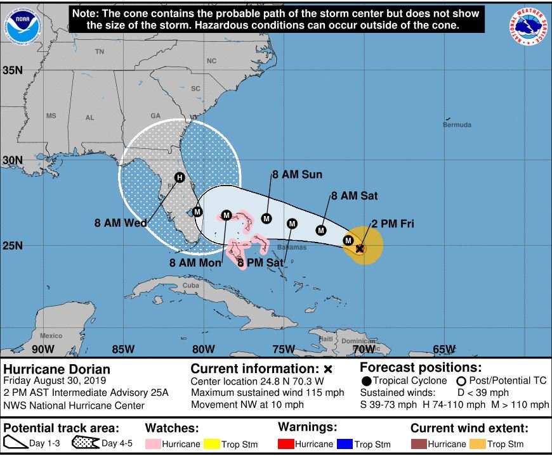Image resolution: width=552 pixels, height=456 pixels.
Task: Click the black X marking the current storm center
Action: click(360, 249)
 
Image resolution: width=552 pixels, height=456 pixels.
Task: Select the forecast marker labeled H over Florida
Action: click(180, 177)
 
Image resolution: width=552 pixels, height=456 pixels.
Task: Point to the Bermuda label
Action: click(457, 125)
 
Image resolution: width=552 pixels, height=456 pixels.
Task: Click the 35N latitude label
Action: click(12, 70)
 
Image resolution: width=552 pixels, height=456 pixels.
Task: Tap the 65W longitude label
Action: click(444, 349)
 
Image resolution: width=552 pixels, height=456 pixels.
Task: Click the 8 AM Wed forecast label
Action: click(121, 223)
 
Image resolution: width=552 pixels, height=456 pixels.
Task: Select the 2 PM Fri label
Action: click(393, 223)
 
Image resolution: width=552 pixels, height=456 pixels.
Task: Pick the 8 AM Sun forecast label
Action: click(297, 175)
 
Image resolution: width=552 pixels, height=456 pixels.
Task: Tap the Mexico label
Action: click(51, 336)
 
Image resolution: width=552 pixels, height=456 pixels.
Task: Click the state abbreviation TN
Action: click(100, 52)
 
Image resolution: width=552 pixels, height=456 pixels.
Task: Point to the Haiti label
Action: click(325, 339)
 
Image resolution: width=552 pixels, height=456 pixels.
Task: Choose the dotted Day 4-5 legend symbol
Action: click(87, 444)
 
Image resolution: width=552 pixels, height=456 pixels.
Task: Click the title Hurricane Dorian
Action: click(57, 369)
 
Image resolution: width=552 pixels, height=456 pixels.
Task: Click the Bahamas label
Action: click(292, 247)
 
